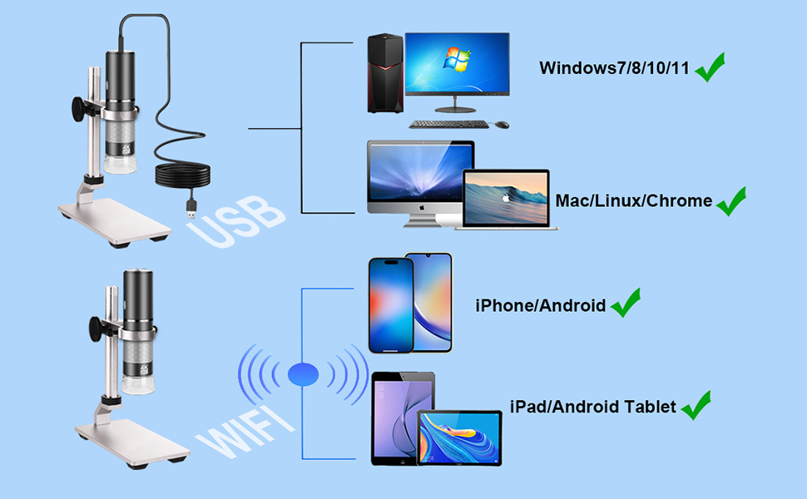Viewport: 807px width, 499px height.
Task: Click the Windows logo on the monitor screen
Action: [x=457, y=59]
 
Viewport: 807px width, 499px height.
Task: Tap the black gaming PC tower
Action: [x=385, y=73]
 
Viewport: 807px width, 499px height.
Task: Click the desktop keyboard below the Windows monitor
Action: [x=448, y=124]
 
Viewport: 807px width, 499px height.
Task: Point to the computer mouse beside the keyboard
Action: [x=502, y=125]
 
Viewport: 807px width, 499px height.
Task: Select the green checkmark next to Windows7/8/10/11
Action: [x=710, y=67]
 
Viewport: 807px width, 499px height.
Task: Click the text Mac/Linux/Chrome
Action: [x=634, y=200]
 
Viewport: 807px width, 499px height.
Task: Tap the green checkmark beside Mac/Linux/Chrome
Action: [x=730, y=201]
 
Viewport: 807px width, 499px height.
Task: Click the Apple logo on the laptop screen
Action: [x=507, y=198]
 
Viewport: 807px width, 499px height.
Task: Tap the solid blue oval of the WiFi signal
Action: [x=303, y=374]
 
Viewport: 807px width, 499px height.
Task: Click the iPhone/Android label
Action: [x=541, y=305]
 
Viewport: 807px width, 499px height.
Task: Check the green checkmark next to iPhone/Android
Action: [x=626, y=303]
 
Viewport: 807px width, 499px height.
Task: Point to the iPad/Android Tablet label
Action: [x=593, y=407]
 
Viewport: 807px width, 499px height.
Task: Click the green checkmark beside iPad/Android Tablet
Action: [x=696, y=405]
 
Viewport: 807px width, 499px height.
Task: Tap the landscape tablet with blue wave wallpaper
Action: [x=459, y=437]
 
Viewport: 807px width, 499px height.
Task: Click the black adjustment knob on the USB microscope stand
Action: [x=80, y=109]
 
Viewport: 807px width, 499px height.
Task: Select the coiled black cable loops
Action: [x=183, y=175]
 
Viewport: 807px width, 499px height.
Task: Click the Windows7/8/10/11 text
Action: [x=614, y=68]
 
